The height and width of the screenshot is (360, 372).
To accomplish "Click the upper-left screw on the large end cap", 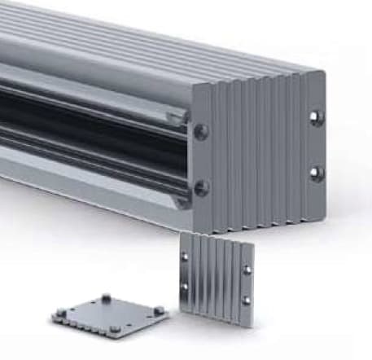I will pos(201,131).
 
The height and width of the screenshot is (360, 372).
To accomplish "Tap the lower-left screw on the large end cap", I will pos(201,187).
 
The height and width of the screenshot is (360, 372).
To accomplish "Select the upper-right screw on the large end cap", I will pos(317,118).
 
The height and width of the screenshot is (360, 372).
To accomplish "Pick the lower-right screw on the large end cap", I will pos(317,173).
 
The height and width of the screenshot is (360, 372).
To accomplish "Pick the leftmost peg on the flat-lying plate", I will pos(60,312).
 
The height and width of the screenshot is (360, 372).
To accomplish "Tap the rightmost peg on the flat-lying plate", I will pos(159,310).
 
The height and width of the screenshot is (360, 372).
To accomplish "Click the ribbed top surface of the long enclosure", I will pos(163,41).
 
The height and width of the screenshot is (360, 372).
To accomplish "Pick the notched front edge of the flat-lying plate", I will pos(98,329).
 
